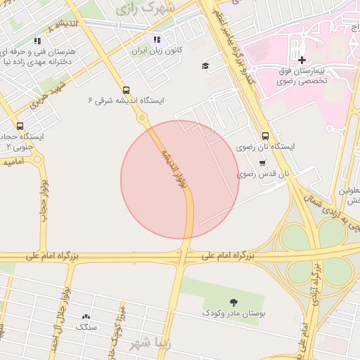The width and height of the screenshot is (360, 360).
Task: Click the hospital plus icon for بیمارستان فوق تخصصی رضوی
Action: pyautogui.click(x=302, y=60)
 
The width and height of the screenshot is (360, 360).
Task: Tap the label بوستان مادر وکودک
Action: pyautogui.click(x=233, y=311)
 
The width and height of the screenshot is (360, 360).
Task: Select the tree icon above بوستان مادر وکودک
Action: pyautogui.click(x=233, y=302)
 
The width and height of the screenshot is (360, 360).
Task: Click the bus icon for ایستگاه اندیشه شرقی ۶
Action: pyautogui.click(x=126, y=90)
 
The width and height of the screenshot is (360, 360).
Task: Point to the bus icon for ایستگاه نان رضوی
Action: pyautogui.click(x=265, y=136)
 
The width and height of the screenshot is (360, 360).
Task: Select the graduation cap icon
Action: pyautogui.click(x=205, y=66)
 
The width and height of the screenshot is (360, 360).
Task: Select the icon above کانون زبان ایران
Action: pyautogui.click(x=156, y=40)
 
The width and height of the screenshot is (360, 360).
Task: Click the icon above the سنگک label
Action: pyautogui.click(x=86, y=317)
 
